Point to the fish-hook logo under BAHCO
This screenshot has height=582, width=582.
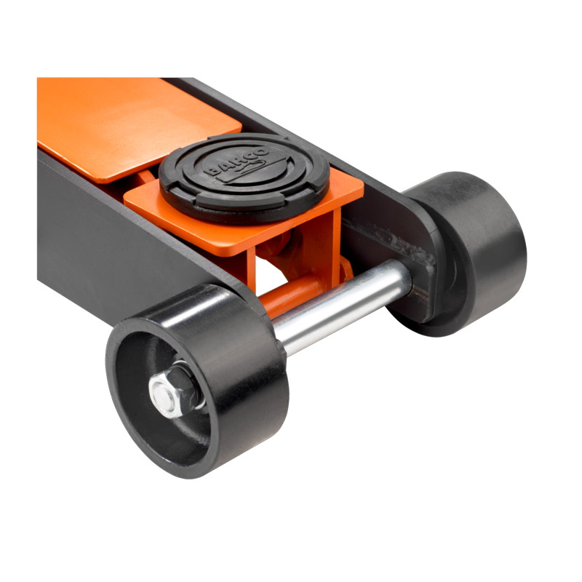point(247,168)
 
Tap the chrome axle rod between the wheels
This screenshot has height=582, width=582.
point(340,306)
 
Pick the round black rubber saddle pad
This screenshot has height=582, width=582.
point(244,178)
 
